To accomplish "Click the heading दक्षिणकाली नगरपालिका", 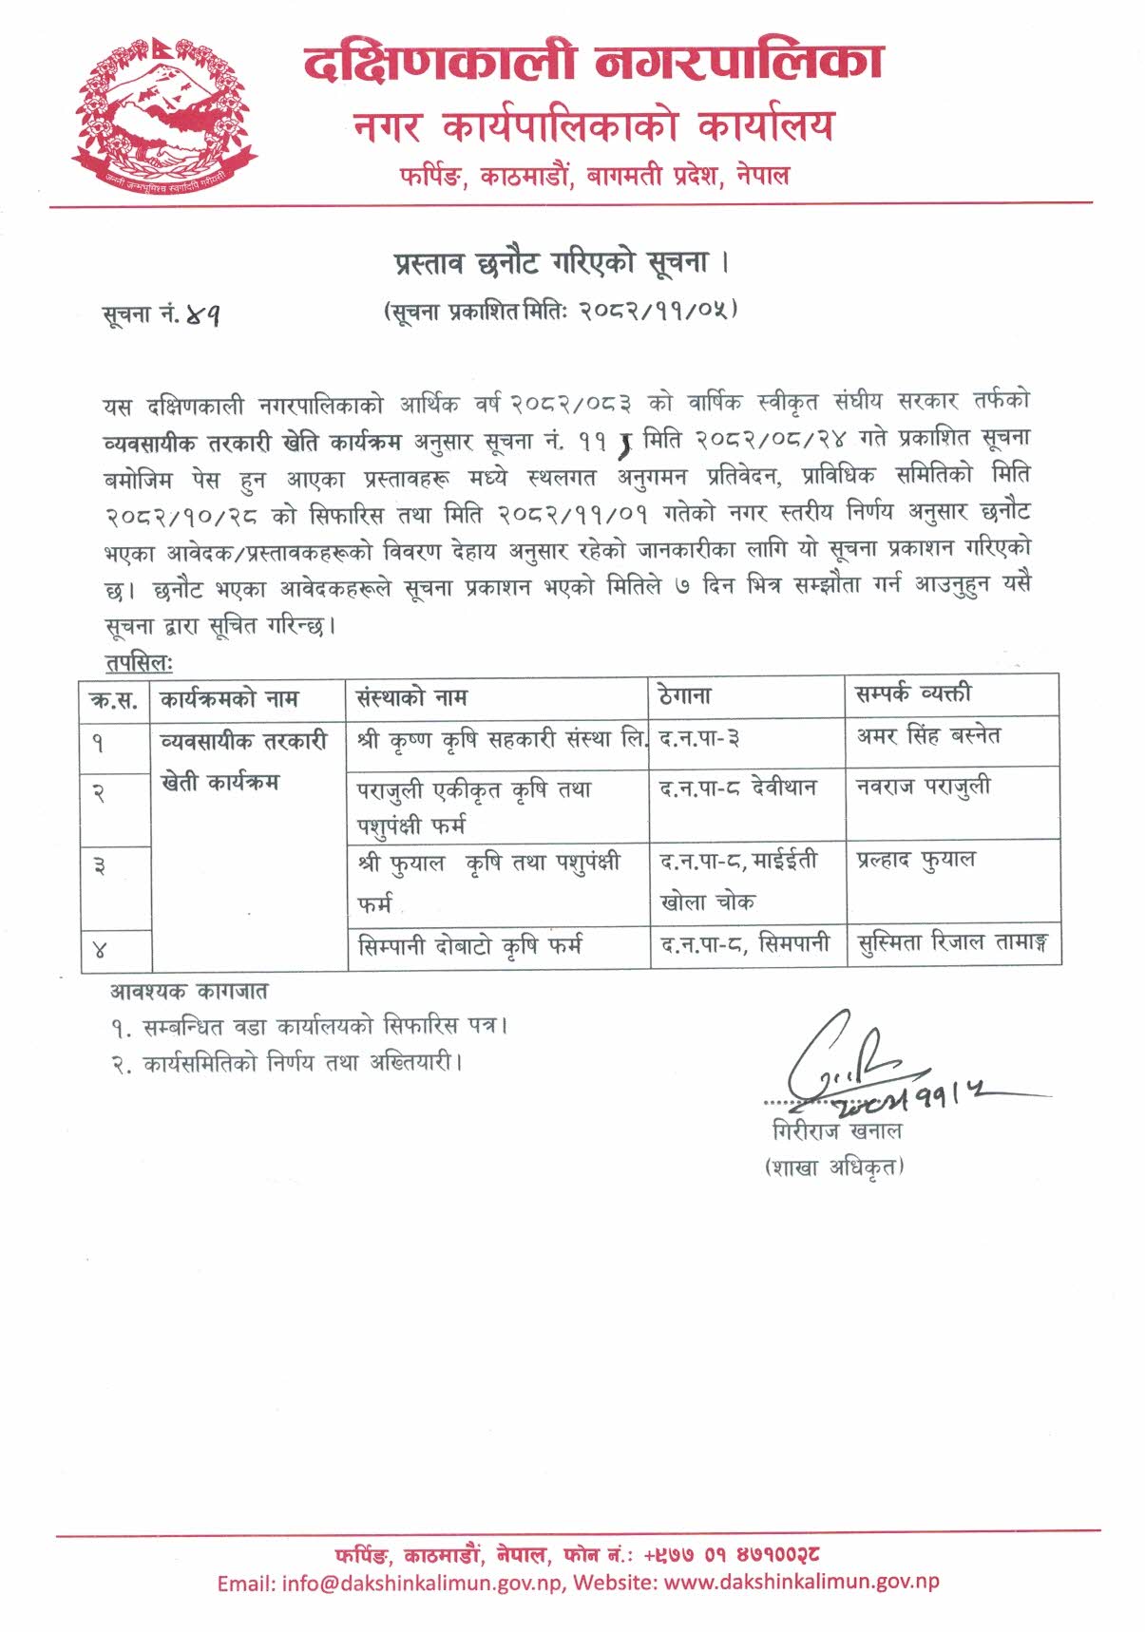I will pos(594,63).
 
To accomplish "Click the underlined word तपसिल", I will pos(138,663).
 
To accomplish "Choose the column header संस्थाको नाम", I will pos(411,698).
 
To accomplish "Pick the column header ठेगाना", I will pos(684,696).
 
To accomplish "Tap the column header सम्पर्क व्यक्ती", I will pos(913,694).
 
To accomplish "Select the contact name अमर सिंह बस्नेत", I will pos(927,735).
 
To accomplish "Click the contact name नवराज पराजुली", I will pos(923,787).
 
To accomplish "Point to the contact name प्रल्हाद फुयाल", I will pos(915,860).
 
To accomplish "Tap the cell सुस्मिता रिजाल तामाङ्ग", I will pos(952,943).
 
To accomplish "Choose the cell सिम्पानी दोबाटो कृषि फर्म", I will pos(470,946).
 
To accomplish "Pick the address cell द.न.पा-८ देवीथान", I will pos(737,788).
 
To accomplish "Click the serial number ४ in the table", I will pos(100,949).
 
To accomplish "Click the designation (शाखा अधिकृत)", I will pos(834,1167).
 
